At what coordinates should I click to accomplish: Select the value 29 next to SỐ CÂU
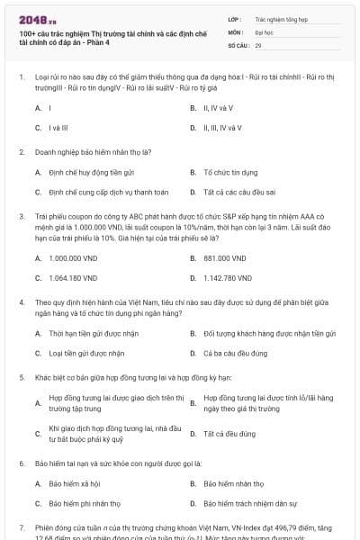pyautogui.click(x=259, y=44)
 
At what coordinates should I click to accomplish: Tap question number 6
pyautogui.click(x=22, y=463)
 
